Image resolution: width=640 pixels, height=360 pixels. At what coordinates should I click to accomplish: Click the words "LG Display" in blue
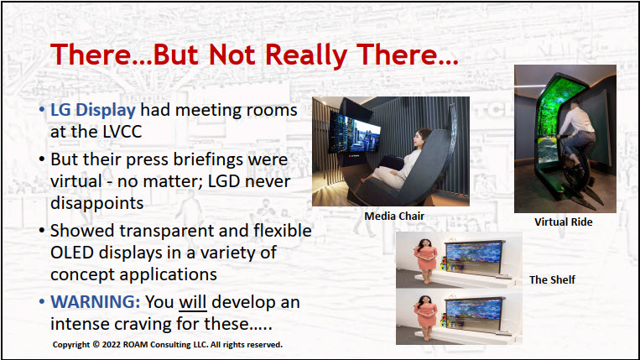93,110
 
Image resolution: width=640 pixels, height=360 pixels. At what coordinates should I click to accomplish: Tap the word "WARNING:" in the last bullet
96,302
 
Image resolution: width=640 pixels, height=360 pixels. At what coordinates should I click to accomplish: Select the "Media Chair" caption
394,216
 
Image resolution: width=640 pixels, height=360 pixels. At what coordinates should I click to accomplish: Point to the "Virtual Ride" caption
564,222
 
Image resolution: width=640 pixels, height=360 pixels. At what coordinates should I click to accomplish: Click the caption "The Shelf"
552,279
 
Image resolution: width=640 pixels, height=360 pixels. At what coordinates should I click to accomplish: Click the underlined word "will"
193,302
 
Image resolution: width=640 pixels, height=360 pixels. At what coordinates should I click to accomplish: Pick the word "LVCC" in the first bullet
122,132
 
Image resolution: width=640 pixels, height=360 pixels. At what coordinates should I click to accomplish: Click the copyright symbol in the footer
96,344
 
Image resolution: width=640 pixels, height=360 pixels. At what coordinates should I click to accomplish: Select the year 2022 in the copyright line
112,345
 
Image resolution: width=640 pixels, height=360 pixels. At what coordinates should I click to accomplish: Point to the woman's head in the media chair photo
423,138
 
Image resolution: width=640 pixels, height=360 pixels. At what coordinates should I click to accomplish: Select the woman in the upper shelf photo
426,261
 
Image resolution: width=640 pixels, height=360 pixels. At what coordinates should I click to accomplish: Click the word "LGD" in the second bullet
224,181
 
